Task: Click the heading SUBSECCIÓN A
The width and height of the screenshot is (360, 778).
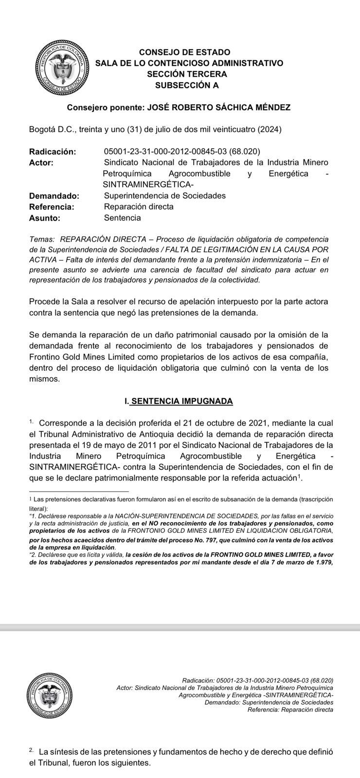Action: (x=186, y=86)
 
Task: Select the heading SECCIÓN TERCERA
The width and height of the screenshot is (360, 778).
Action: (x=187, y=74)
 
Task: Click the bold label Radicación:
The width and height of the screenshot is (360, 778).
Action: (x=53, y=152)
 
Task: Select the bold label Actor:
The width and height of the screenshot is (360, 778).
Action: (x=41, y=162)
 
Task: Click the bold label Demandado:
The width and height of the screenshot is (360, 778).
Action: (x=54, y=196)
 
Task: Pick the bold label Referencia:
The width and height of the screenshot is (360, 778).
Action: (x=52, y=207)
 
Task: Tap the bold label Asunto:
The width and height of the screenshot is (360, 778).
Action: (x=45, y=218)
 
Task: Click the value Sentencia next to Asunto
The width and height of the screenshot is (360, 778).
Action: (x=122, y=218)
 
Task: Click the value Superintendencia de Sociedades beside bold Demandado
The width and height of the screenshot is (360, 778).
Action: (x=164, y=196)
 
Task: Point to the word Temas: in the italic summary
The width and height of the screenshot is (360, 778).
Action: (x=42, y=239)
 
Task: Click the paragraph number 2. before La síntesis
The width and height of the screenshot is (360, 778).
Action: (x=32, y=750)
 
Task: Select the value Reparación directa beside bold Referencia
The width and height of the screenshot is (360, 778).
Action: (x=139, y=207)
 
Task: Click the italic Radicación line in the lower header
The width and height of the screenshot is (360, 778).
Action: (x=257, y=680)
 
